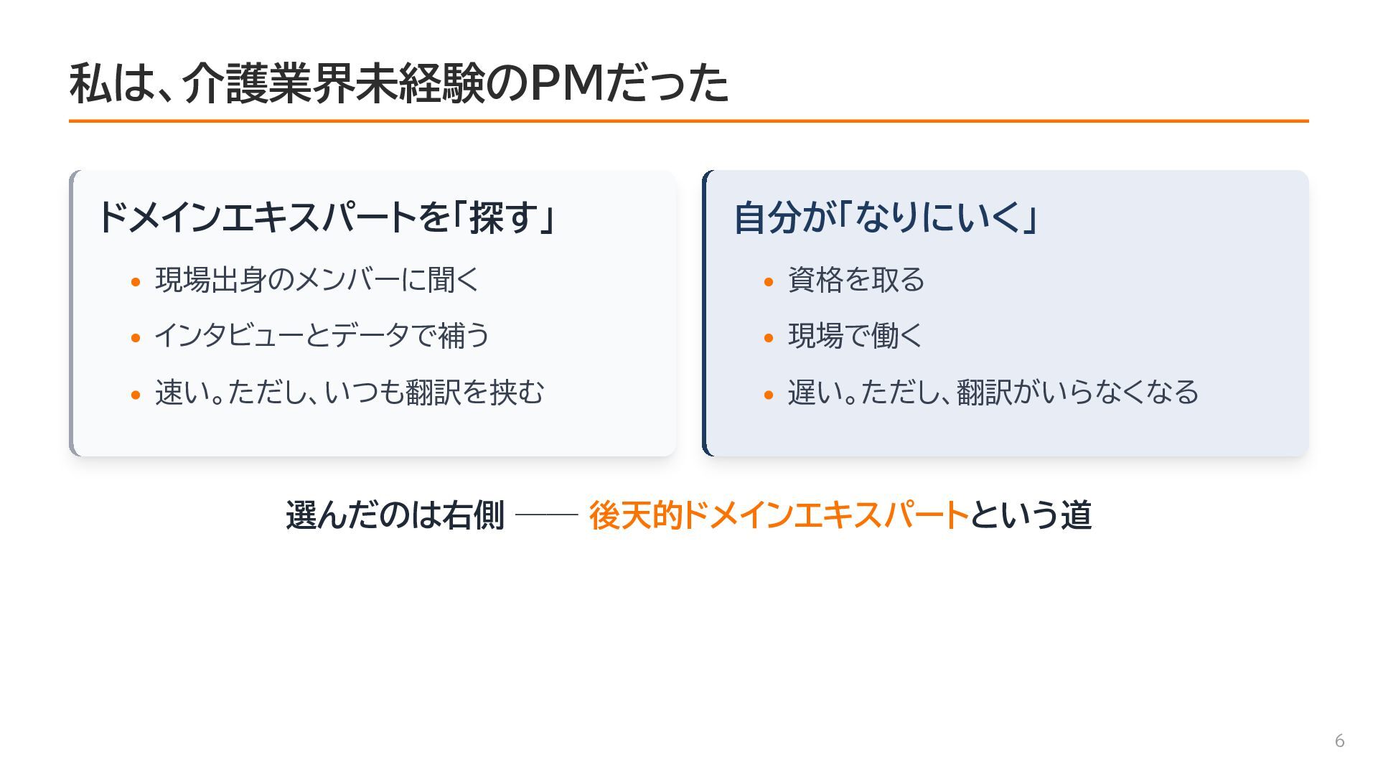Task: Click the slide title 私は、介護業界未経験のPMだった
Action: click(x=399, y=83)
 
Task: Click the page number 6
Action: click(x=1339, y=741)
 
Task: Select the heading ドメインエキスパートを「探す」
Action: click(x=327, y=217)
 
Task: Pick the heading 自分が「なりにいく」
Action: click(x=886, y=217)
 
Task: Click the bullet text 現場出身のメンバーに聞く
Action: click(x=317, y=279)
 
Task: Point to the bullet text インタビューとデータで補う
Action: click(x=322, y=335)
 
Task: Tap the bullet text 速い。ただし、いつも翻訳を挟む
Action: click(x=350, y=392)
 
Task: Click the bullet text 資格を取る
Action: click(x=856, y=279)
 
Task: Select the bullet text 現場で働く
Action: click(x=855, y=335)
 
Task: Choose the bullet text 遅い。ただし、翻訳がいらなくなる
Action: click(x=993, y=392)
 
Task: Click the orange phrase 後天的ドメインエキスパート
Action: click(x=779, y=515)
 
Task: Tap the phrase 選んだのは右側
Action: click(x=395, y=515)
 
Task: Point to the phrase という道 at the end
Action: click(x=1031, y=515)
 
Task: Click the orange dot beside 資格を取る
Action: click(x=769, y=281)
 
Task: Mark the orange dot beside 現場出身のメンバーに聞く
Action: click(x=136, y=281)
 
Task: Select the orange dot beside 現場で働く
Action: click(x=769, y=337)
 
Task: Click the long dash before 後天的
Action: click(x=547, y=515)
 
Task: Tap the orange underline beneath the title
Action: click(x=689, y=121)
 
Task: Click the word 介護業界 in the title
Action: click(x=268, y=83)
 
